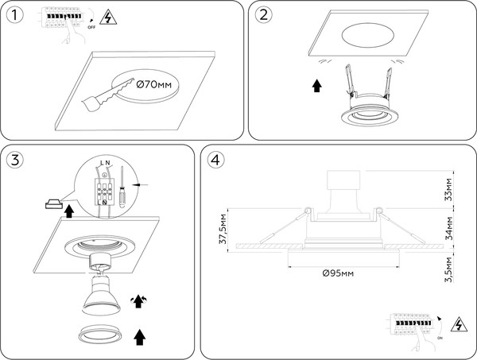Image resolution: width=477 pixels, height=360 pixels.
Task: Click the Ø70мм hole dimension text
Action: point(153,84)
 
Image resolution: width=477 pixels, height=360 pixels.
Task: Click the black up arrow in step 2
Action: point(318,85)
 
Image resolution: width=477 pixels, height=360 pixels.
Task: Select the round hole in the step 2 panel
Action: point(371,38)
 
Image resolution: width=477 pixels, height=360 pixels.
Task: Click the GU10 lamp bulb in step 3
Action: point(100,298)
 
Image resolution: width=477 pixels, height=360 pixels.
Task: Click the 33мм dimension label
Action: point(450,191)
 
